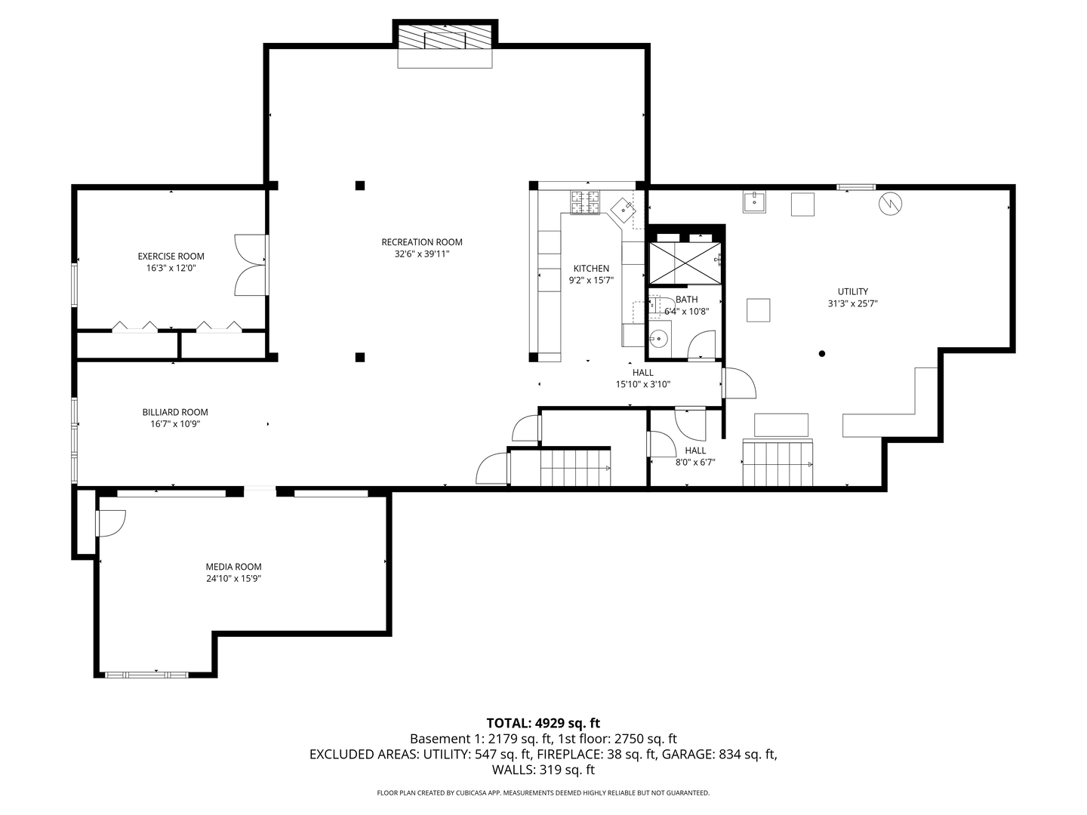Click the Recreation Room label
coord(421,242)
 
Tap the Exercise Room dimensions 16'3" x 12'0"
coord(171,269)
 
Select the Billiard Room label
coord(175,412)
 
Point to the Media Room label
coord(233,567)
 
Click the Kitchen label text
coord(591,269)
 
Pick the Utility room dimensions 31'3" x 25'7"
coord(852,304)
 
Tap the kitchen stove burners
coord(584,201)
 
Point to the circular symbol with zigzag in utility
coord(891,203)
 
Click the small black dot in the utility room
coord(822,353)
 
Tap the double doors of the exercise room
coord(249,264)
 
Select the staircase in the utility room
coord(778,463)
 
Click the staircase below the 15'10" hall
coord(575,467)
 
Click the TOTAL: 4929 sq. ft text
coord(543,723)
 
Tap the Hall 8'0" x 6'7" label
coord(695,457)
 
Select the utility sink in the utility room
coord(754,202)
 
